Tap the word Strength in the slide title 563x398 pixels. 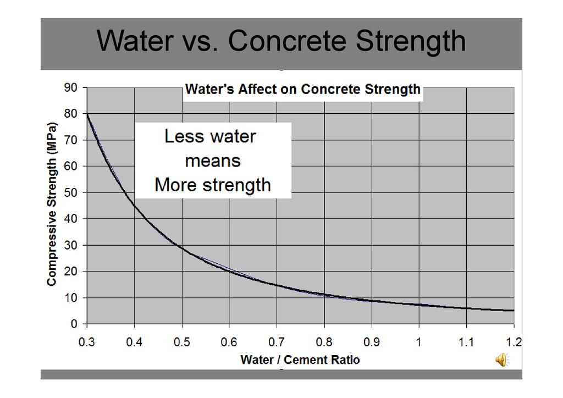[411, 41]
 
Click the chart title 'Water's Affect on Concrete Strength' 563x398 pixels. [302, 90]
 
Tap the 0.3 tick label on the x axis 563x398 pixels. [87, 342]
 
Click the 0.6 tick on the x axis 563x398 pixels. [229, 342]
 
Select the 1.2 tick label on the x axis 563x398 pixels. [514, 342]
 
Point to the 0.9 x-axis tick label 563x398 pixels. [372, 342]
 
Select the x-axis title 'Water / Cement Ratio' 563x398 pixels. [300, 360]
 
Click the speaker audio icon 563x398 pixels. [502, 360]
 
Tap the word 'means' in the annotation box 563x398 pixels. [213, 161]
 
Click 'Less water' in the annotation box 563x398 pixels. [210, 136]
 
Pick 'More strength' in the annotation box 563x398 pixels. [213, 185]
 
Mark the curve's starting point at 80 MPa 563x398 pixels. [87, 114]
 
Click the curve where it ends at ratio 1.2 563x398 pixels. [513, 311]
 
